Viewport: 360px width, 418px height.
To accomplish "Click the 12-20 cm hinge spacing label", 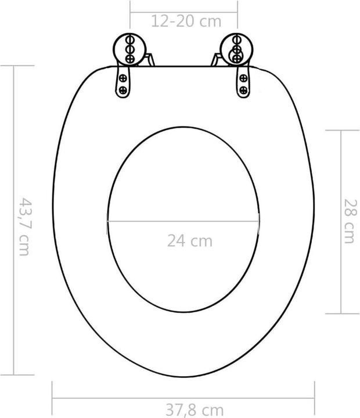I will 186,22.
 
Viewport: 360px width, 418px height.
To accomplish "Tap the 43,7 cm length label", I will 24,226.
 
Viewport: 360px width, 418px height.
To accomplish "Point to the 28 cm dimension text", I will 350,221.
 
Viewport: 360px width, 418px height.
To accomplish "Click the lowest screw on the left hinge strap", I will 123,90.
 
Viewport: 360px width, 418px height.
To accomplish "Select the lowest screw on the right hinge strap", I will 243,90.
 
